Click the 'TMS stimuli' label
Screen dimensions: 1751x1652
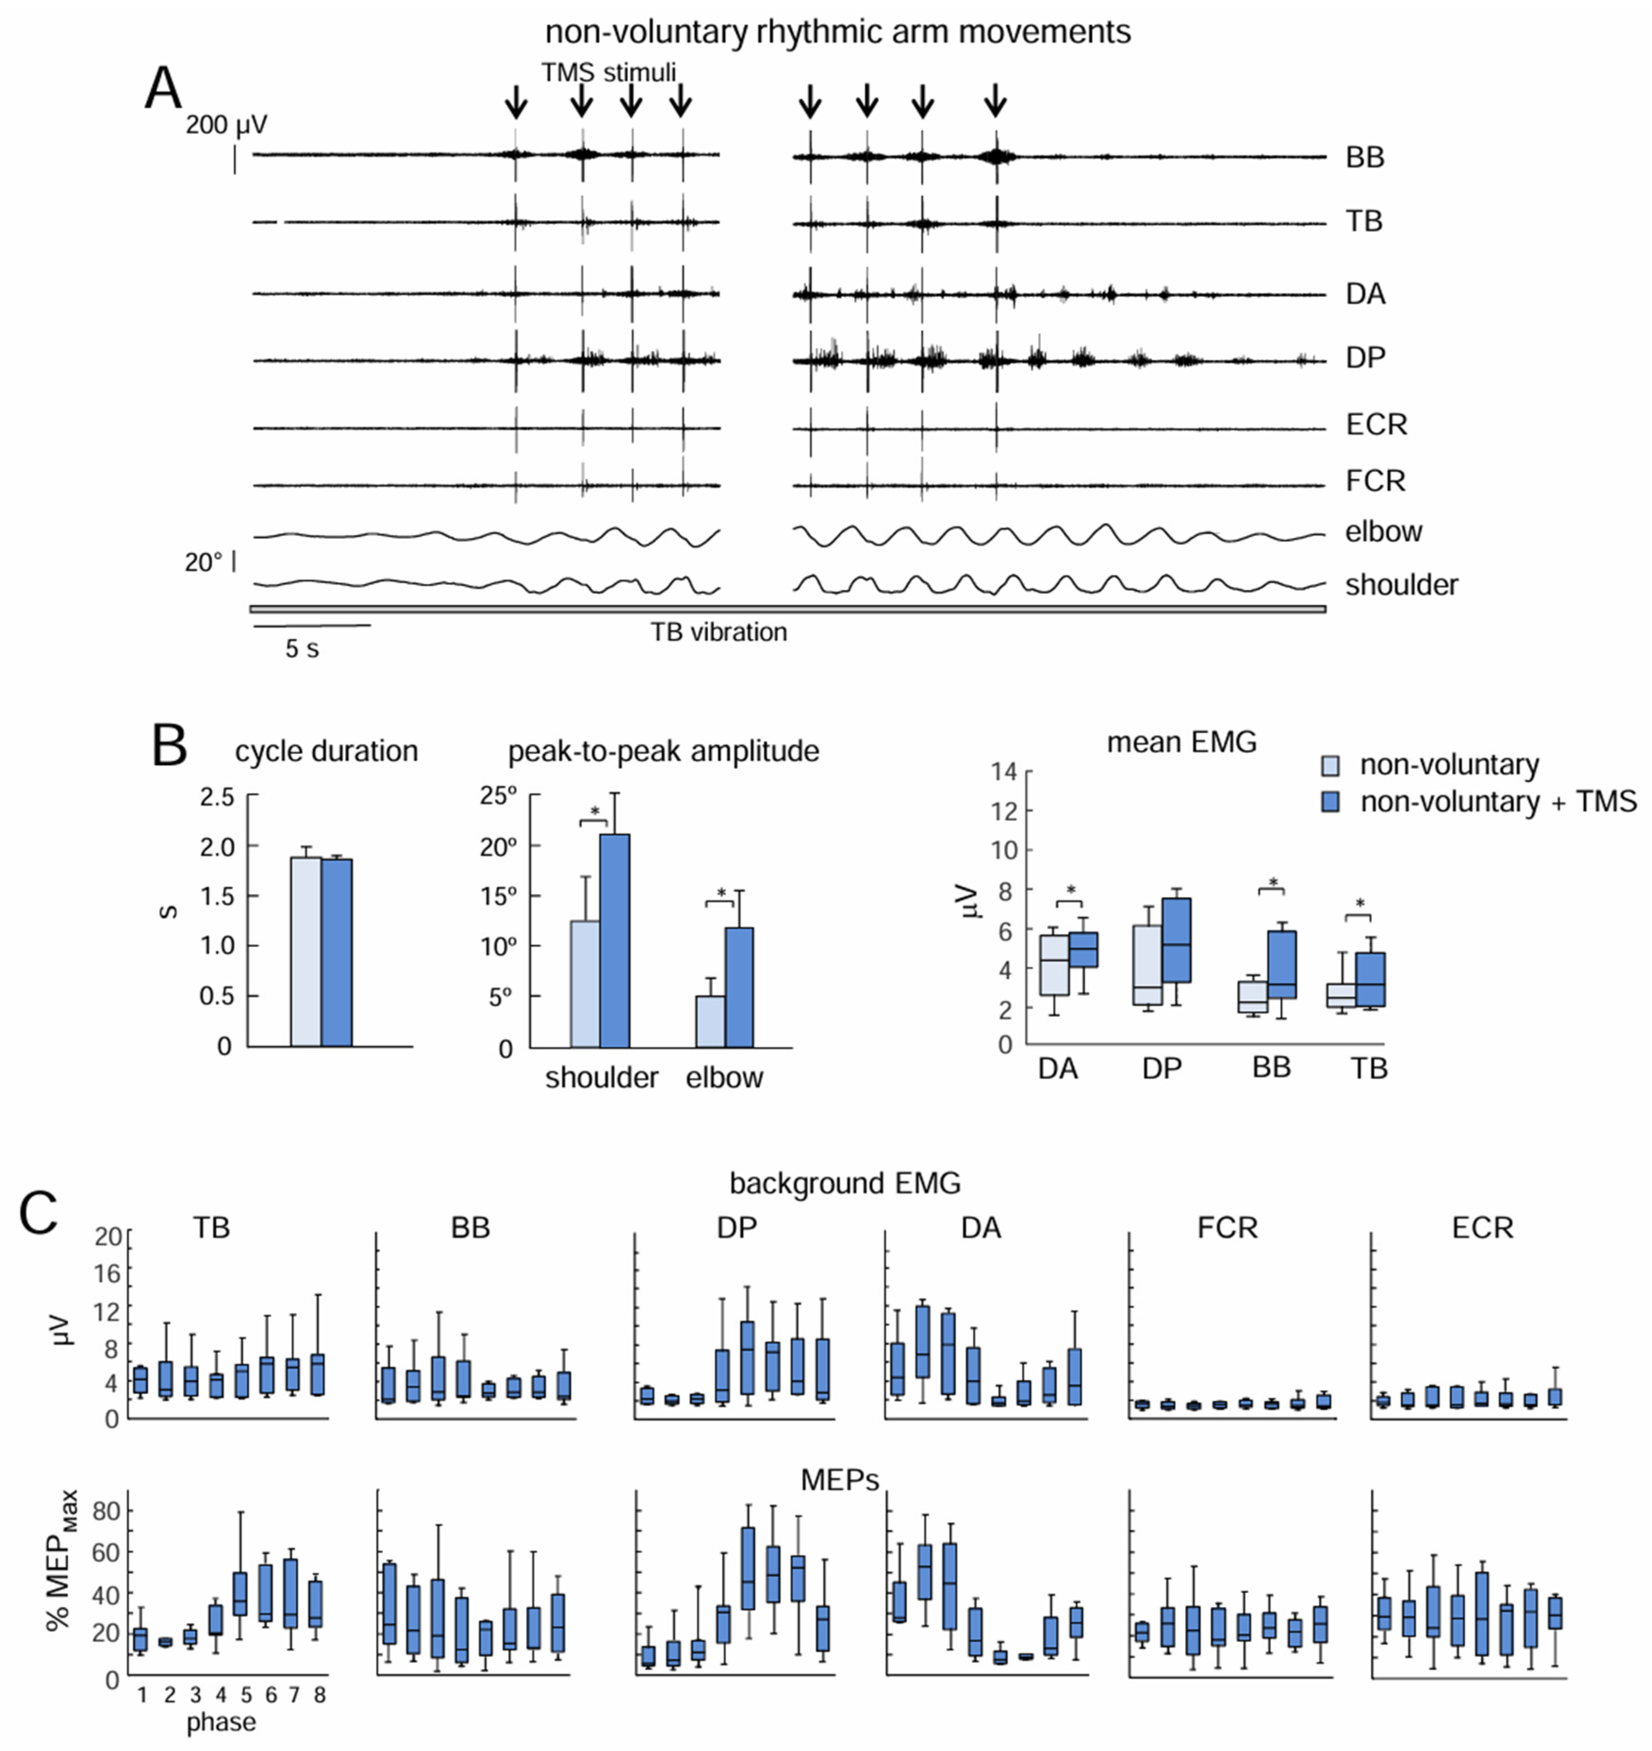coord(608,72)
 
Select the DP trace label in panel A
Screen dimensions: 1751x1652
coord(1365,358)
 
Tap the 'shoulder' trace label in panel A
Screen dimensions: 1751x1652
coord(1401,585)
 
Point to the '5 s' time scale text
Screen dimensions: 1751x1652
coord(301,649)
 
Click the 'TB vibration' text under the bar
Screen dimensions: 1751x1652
coord(718,632)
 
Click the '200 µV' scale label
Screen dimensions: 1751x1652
coord(226,125)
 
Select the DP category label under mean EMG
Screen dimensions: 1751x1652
coord(1161,1068)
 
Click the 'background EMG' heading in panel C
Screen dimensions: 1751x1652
coord(844,1183)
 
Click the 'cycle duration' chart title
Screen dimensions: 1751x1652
coord(326,751)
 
